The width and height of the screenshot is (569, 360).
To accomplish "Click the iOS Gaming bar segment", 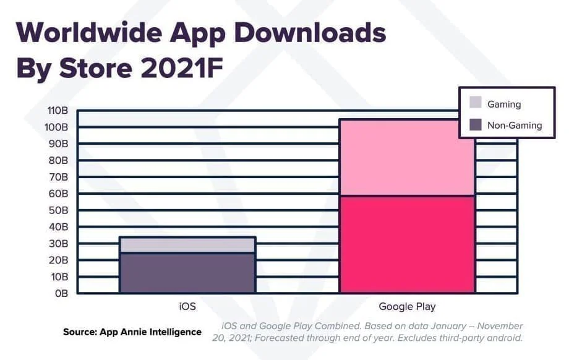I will [x=187, y=245].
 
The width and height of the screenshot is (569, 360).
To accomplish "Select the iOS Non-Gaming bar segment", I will [x=187, y=272].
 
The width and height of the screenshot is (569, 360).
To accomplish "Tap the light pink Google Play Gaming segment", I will [x=407, y=158].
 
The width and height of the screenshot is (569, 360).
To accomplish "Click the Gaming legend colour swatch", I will [x=475, y=103].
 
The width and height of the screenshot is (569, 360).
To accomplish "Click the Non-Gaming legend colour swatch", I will [x=475, y=124].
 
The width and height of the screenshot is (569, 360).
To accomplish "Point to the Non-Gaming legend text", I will [x=514, y=125].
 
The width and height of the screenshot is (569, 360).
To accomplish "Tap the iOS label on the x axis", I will [x=187, y=306].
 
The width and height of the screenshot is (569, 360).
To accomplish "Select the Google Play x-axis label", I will [x=407, y=306].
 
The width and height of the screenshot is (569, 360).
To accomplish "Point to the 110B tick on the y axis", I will [x=57, y=111].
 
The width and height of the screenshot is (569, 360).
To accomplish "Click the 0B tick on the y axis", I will [x=60, y=293].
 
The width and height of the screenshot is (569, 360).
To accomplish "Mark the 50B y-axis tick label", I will [x=58, y=210].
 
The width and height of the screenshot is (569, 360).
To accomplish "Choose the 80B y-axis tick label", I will [x=58, y=160].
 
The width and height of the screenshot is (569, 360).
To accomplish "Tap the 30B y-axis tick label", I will [x=58, y=244].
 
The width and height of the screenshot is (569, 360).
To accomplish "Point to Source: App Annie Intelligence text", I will [x=132, y=332].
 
